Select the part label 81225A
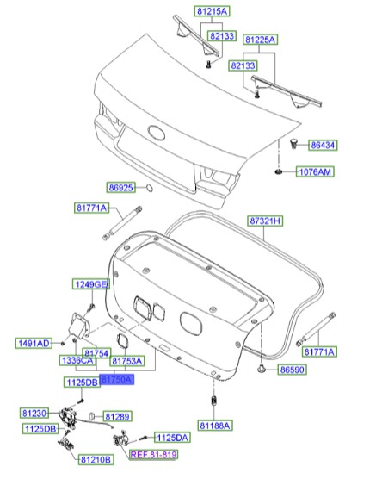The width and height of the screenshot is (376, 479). pos(259,40)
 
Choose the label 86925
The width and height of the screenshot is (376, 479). pos(122,187)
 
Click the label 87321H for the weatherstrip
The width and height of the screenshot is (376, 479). pos(265,221)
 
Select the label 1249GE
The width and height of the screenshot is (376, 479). pos(89,285)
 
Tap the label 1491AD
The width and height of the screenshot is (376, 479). pos(34,343)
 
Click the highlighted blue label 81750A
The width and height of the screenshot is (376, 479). pos(116,379)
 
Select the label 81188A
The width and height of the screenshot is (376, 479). pos(215,426)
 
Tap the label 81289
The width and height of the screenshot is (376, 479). pos(116,417)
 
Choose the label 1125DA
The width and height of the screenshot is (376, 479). pos(172,438)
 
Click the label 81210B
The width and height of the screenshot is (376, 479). pos(96,460)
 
